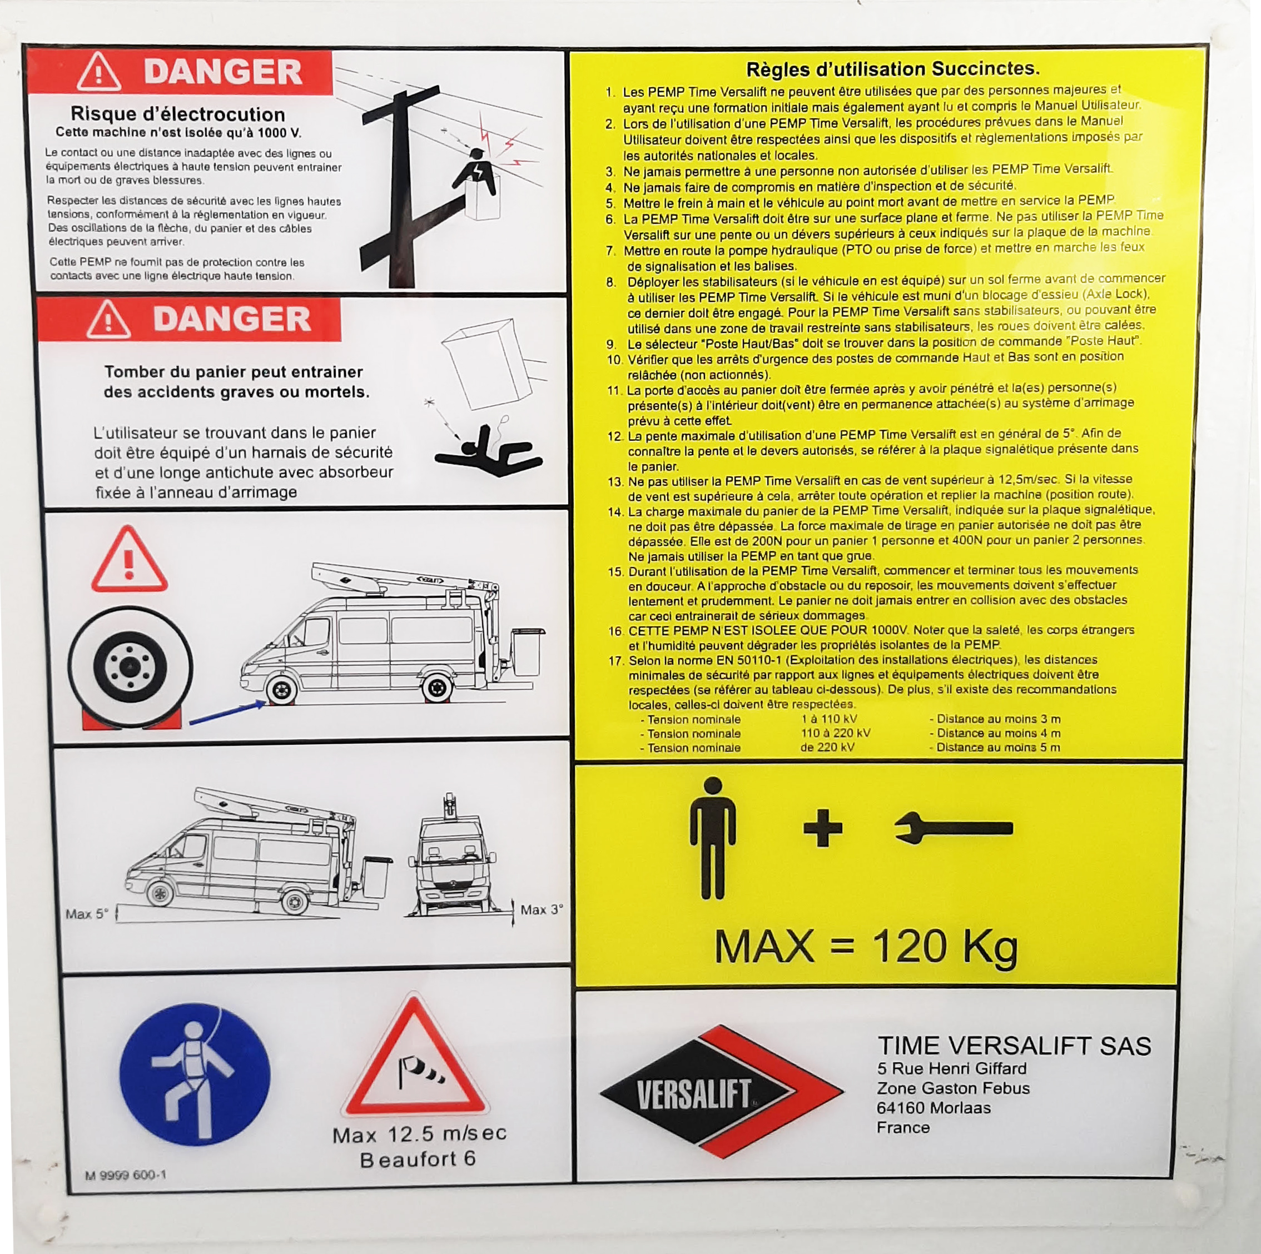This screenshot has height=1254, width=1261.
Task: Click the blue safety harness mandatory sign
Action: pos(195,1074)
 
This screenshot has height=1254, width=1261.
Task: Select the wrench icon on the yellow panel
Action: pos(953,829)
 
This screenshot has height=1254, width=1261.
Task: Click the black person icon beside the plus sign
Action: pos(713,838)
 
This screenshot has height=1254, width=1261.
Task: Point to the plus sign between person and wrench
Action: pos(822,829)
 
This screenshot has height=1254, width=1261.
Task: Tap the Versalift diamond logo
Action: pos(722,1092)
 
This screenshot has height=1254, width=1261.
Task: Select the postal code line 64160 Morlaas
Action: pos(934,1108)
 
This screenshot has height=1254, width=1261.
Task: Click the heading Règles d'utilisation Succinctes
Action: pos(893,68)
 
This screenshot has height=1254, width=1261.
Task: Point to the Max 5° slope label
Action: pos(87,913)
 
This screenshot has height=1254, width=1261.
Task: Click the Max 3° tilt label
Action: pos(541,909)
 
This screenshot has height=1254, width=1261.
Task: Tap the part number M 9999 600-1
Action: pos(125,1175)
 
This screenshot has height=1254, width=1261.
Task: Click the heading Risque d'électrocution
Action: pos(177,114)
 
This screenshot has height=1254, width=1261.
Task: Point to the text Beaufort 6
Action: pos(418,1160)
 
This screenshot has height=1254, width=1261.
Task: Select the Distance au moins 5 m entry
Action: pos(995,748)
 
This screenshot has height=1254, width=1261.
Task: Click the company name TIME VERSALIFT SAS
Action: pos(1014,1046)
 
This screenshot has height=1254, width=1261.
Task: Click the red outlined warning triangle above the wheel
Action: pos(129,560)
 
